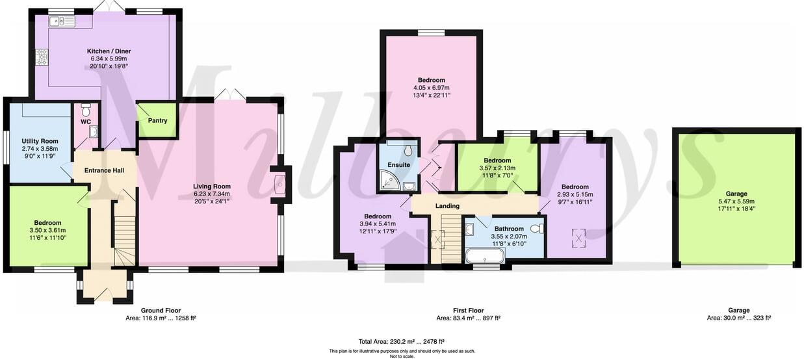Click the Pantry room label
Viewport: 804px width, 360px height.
157,121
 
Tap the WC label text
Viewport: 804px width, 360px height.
86,122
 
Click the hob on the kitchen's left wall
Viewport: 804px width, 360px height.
42,58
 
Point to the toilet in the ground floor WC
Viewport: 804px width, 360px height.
86,110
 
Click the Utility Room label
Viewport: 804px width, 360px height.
40,141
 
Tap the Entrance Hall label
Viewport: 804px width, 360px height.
104,170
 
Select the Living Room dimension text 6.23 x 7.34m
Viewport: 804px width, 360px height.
212,194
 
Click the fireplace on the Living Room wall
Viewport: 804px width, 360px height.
280,184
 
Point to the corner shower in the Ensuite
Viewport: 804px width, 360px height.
390,185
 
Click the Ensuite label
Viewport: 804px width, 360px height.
398,165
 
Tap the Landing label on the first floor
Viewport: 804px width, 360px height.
447,206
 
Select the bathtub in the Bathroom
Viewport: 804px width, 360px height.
485,255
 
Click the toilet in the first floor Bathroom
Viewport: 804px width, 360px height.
536,229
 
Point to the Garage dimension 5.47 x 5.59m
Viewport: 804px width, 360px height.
736,201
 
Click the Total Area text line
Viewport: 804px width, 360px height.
401,341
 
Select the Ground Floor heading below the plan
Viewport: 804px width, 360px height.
161,311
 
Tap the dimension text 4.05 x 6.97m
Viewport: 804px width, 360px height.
431,88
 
